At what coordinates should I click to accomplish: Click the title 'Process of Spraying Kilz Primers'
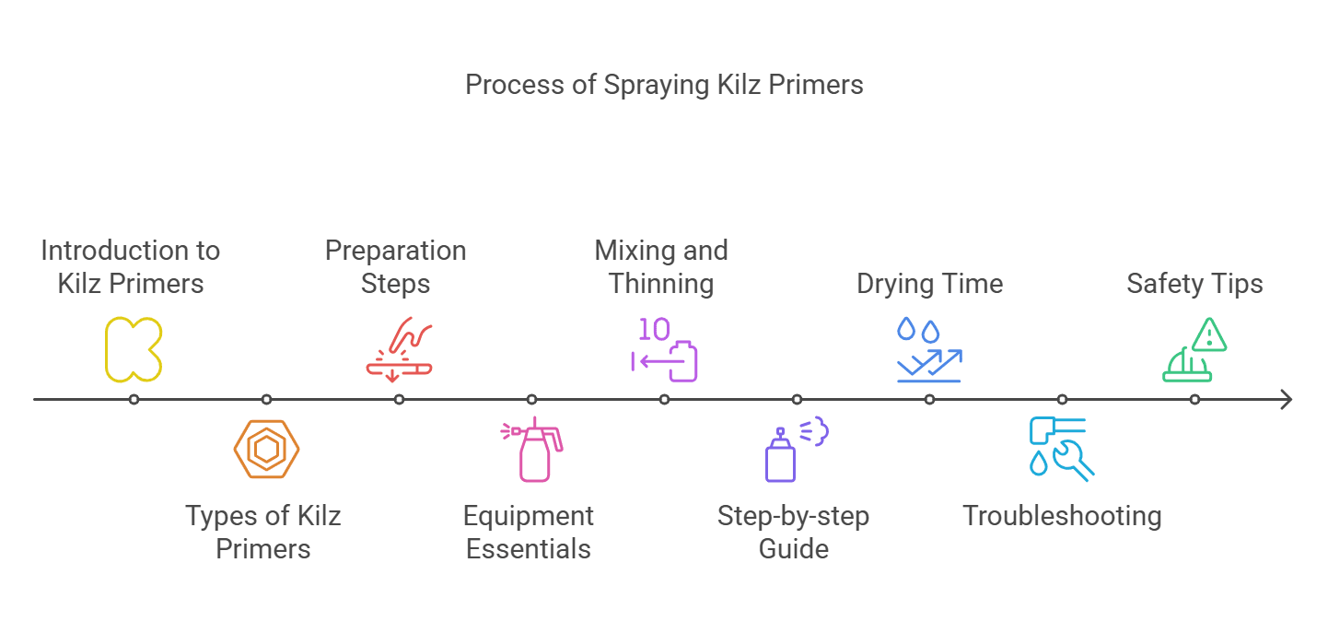click(664, 85)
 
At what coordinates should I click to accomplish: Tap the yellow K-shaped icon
click(134, 349)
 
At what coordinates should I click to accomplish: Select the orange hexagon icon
click(266, 449)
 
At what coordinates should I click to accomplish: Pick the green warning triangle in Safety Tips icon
click(1208, 334)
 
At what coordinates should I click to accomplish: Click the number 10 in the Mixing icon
click(655, 330)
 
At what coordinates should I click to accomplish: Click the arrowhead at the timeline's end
click(1287, 400)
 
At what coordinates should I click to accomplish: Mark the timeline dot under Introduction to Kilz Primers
click(134, 400)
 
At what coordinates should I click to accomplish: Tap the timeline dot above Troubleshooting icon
click(1062, 400)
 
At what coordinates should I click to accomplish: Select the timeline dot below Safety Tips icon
click(1194, 400)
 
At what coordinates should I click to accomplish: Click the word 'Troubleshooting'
click(1062, 516)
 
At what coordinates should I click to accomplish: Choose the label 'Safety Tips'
click(1194, 284)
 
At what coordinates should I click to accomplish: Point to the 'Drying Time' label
click(929, 284)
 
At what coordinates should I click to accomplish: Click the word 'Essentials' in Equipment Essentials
click(528, 549)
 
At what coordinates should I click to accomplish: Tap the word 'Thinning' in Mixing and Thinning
click(661, 284)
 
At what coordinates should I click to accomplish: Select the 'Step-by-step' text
click(793, 516)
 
